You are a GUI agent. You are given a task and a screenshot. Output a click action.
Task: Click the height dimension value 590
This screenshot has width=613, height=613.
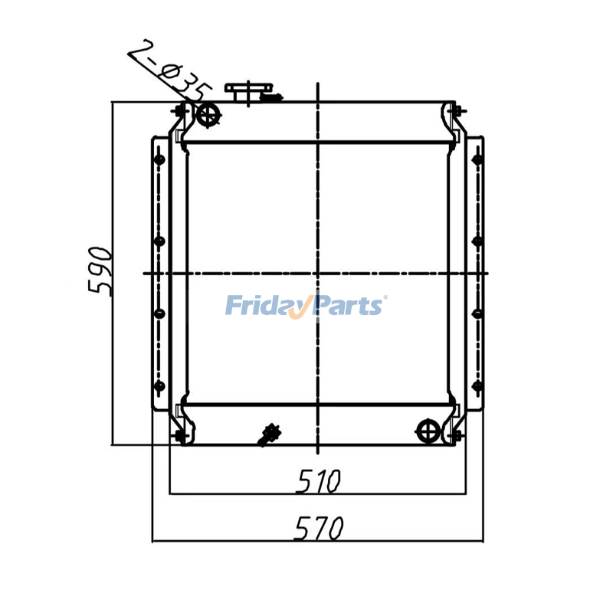point(101,271)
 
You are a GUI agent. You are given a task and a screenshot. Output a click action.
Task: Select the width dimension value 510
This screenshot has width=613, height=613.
point(317,481)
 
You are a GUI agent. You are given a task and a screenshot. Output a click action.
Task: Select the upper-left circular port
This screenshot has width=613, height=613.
point(208,116)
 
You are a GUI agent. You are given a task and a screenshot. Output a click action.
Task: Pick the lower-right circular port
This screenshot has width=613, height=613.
point(427,431)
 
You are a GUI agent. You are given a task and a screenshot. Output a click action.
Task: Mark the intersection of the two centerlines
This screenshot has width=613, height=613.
point(317,273)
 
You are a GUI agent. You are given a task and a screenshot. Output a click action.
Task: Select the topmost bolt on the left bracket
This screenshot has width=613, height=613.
point(159,159)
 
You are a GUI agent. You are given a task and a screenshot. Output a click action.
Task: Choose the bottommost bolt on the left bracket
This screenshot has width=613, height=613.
point(159,385)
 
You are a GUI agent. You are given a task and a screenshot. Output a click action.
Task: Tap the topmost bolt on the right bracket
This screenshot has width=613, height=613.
point(477,159)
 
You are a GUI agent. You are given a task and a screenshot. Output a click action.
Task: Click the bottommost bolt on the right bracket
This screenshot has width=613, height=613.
point(477,385)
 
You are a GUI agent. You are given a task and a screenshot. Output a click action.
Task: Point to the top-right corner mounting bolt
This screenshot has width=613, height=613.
point(456,111)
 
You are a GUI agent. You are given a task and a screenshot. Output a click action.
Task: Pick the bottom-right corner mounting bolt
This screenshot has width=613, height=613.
point(456,436)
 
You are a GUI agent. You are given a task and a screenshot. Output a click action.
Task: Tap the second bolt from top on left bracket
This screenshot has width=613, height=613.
point(159,241)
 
